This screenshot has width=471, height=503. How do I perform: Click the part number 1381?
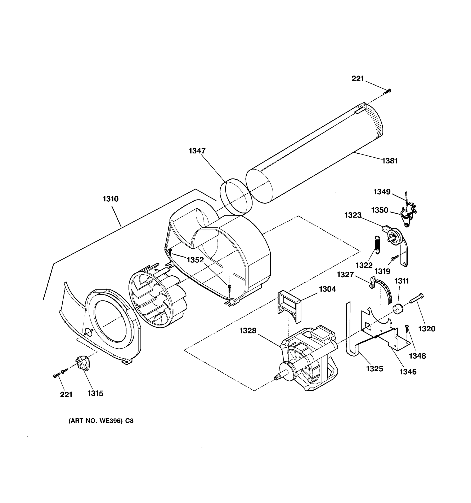coord(390,161)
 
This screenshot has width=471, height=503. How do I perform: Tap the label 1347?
coord(197,151)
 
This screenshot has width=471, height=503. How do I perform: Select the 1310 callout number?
coord(110,199)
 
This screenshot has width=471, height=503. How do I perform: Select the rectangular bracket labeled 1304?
coord(289,306)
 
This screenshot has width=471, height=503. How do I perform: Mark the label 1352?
coord(195,260)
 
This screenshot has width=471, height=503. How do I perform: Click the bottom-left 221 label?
coord(66,395)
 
